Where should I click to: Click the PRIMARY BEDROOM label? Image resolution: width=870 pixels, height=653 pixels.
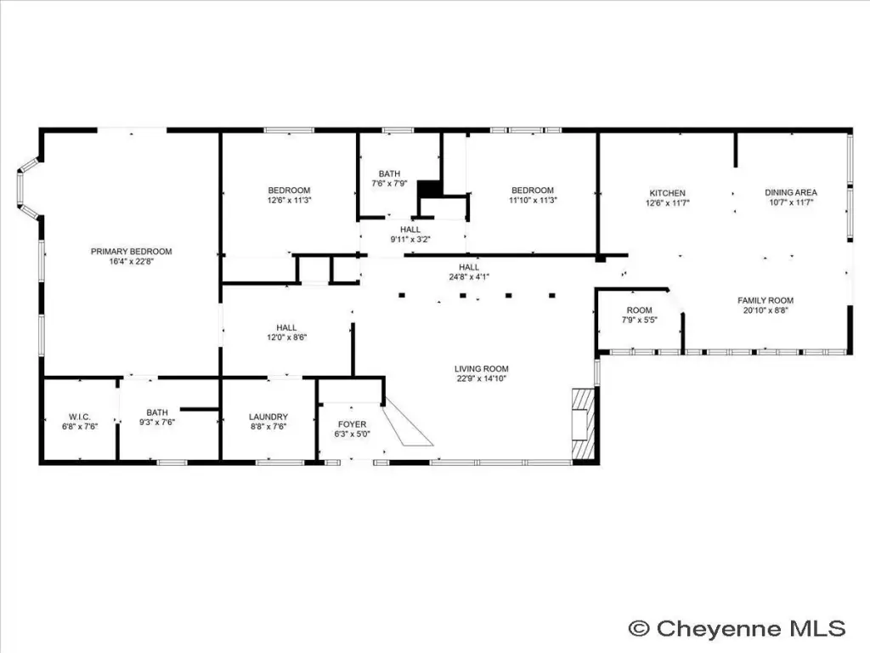point(132,252)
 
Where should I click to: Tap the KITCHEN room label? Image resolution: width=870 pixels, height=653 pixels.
point(668,193)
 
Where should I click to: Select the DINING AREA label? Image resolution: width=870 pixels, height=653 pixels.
point(791,193)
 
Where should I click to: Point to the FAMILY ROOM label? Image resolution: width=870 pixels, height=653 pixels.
point(765,300)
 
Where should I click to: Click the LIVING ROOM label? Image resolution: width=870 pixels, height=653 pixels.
point(482,369)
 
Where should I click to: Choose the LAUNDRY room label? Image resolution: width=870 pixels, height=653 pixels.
point(268,417)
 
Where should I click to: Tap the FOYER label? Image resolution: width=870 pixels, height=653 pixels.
point(353,424)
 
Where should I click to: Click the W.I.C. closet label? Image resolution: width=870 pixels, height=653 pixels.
point(80,417)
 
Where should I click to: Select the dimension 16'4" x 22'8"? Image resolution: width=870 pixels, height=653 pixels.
point(132,262)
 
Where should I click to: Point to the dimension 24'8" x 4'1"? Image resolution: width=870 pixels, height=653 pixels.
point(469,277)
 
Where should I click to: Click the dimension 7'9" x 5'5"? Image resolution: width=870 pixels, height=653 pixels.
point(640,321)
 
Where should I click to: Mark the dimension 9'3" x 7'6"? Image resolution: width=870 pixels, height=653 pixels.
point(157,423)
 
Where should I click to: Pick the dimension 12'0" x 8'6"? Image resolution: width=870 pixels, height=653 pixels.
point(287,338)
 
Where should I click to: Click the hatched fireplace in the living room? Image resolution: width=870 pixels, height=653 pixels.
point(583,422)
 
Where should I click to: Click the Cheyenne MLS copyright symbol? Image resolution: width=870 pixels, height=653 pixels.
point(639,628)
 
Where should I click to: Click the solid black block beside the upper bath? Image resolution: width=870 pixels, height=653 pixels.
point(429,189)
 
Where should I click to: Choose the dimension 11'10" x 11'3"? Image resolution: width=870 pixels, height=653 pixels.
point(533,201)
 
